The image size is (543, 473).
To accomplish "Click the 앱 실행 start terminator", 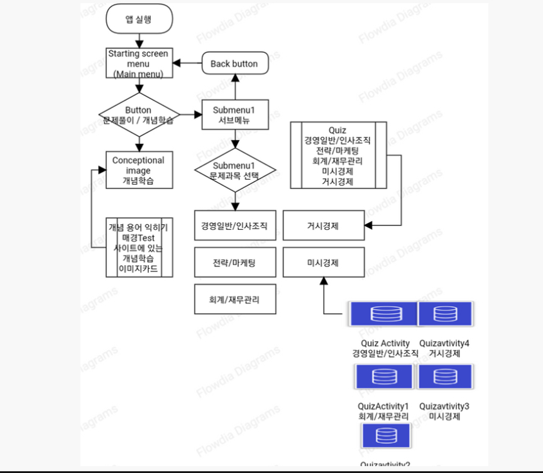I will click(138, 19).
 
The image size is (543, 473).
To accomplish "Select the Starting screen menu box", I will click(138, 63).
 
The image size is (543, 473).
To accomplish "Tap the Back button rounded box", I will click(234, 63).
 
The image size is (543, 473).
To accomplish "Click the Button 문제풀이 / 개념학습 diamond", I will click(138, 115).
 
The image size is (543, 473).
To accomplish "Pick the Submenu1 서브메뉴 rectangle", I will click(234, 115).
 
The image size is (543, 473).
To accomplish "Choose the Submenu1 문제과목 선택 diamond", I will click(234, 168).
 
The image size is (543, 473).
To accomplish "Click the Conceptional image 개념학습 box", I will click(138, 170).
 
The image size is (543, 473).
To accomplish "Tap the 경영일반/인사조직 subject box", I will click(234, 226).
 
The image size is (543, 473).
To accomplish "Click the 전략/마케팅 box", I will click(234, 263).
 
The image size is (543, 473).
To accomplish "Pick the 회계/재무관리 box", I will click(234, 300).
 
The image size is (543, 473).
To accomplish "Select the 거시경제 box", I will click(323, 226).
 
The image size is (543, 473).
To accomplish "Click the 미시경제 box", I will click(323, 263).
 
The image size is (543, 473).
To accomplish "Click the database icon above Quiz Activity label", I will click(382, 313).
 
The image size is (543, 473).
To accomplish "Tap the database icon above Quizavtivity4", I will click(446, 313).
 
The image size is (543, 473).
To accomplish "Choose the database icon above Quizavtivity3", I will click(446, 377).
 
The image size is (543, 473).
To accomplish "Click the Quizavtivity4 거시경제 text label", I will click(444, 349).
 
